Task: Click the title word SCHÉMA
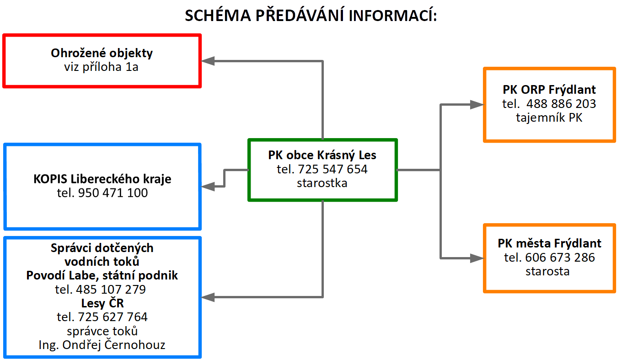pyautogui.click(x=218, y=15)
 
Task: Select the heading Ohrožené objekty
pyautogui.click(x=102, y=53)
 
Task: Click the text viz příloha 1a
pyautogui.click(x=101, y=67)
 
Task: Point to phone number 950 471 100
pyautogui.click(x=113, y=193)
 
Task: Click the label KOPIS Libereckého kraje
pyautogui.click(x=102, y=179)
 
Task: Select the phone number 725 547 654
pyautogui.click(x=332, y=169)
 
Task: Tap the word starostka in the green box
pyautogui.click(x=322, y=183)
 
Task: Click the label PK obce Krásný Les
pyautogui.click(x=322, y=155)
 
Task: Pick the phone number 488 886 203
pyautogui.click(x=561, y=104)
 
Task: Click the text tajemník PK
pyautogui.click(x=549, y=118)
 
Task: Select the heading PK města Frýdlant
pyautogui.click(x=549, y=243)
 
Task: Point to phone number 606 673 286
pyautogui.click(x=560, y=258)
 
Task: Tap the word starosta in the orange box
pyautogui.click(x=547, y=271)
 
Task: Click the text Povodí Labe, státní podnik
pyautogui.click(x=102, y=275)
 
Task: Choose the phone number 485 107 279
pyautogui.click(x=111, y=290)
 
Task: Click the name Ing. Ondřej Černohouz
pyautogui.click(x=102, y=345)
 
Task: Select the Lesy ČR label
pyautogui.click(x=102, y=303)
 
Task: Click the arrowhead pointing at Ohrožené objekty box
pyautogui.click(x=208, y=61)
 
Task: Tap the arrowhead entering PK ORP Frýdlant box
pyautogui.click(x=477, y=104)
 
